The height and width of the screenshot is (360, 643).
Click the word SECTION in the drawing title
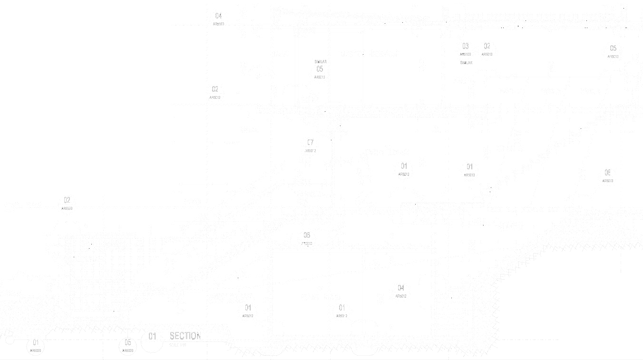coord(185,336)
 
